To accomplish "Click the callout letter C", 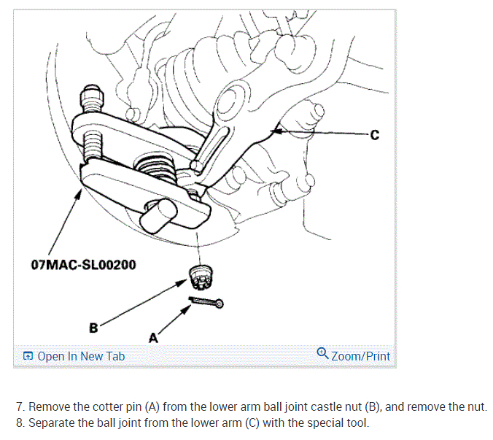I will coord(375,135).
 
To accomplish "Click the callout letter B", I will coord(93,328).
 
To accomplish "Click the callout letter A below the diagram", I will coord(153,338).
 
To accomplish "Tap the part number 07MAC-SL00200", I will coord(84,264).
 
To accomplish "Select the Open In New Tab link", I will coord(80,356).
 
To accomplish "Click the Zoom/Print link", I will coord(360,356).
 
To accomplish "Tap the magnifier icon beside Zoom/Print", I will coord(323,355).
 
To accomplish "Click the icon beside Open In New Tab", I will coord(28,356).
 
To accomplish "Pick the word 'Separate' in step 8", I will coord(53,422).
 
